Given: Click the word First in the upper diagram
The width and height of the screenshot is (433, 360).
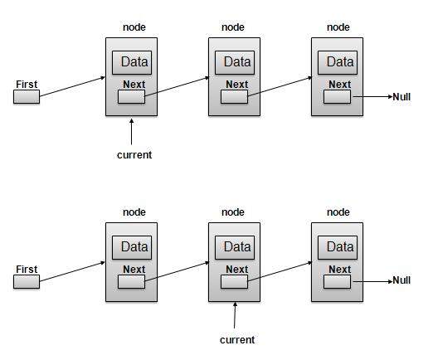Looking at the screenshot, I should (x=27, y=84).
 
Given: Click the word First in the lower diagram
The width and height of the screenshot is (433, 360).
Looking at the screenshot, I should (x=27, y=269).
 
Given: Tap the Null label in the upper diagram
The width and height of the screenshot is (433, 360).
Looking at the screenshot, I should (x=401, y=97).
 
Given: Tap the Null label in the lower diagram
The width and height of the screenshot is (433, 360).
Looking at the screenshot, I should (x=401, y=280).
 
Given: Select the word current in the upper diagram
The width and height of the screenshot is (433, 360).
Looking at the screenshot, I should (x=134, y=154).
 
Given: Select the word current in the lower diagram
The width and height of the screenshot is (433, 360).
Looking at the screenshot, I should (x=236, y=339).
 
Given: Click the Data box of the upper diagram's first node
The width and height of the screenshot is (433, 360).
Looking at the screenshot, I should (x=134, y=62).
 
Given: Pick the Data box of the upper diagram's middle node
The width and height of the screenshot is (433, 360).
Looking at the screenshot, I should (x=236, y=62).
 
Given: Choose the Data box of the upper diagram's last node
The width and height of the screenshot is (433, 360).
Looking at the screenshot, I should (x=339, y=62).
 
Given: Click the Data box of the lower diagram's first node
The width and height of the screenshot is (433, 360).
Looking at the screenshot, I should (x=134, y=246).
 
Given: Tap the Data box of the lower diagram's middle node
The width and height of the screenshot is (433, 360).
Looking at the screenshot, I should (x=236, y=246).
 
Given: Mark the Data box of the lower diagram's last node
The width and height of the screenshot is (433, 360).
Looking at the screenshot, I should (x=339, y=246).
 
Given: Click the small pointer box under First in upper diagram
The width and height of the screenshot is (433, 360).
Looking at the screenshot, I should (x=27, y=97).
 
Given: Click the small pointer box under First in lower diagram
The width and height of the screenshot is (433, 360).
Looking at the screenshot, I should (x=27, y=282).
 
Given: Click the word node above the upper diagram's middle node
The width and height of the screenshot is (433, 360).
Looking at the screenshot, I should (x=233, y=27).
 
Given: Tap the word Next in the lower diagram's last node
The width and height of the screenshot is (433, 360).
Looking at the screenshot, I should (x=339, y=269).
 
